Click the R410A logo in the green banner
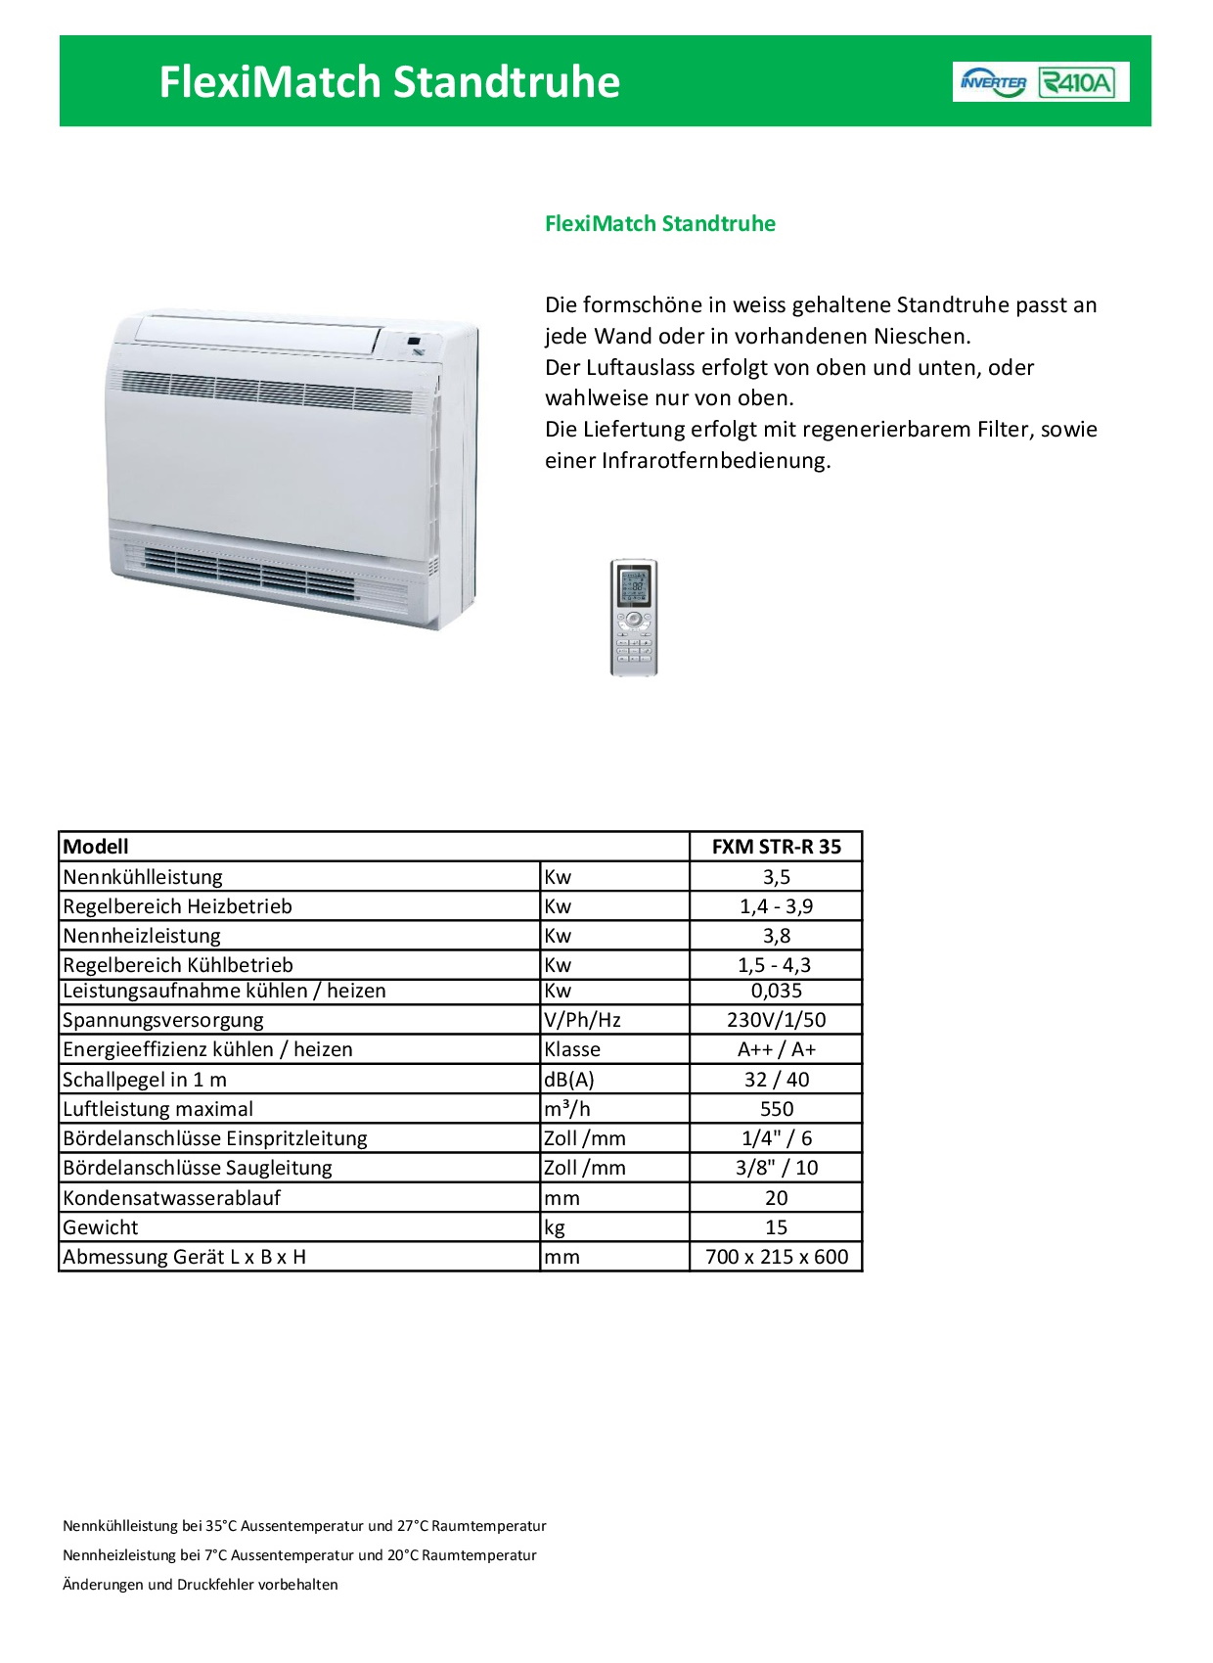pyautogui.click(x=1076, y=82)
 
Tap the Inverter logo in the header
pyautogui.click(x=993, y=82)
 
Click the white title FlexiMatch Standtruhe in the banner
pyautogui.click(x=389, y=82)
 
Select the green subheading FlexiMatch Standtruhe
pyautogui.click(x=659, y=224)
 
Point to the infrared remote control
pyautogui.click(x=634, y=617)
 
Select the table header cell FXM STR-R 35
pyautogui.click(x=776, y=847)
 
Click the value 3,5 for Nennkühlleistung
pyautogui.click(x=776, y=877)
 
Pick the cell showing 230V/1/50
pyautogui.click(x=776, y=1020)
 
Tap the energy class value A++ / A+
pyautogui.click(x=776, y=1049)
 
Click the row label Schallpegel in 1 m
pyautogui.click(x=145, y=1080)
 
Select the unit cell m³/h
pyautogui.click(x=567, y=1109)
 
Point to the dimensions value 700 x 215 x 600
pyautogui.click(x=776, y=1257)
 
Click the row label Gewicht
pyautogui.click(x=101, y=1227)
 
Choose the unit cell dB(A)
pyautogui.click(x=569, y=1080)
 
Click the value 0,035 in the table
pyautogui.click(x=776, y=991)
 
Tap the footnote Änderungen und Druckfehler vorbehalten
pyautogui.click(x=201, y=1585)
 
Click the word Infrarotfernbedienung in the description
pyautogui.click(x=715, y=461)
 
